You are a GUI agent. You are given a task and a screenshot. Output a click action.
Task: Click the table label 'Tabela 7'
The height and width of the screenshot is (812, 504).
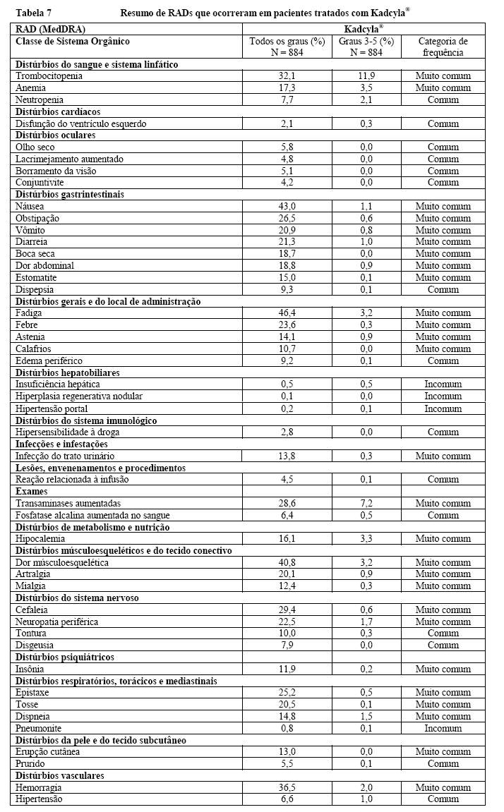click(x=32, y=13)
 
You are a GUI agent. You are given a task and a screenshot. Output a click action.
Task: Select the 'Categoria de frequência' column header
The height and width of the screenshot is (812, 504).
click(x=443, y=47)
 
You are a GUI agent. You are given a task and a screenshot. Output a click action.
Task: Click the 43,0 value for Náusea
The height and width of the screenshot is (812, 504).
click(x=287, y=207)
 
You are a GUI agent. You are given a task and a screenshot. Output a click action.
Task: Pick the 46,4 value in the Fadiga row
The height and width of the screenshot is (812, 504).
click(x=287, y=313)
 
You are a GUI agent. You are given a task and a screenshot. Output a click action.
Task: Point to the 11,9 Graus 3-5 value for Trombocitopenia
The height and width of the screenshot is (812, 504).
click(x=366, y=76)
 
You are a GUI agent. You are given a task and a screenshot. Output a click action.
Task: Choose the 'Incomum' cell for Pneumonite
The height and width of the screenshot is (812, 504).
click(x=443, y=728)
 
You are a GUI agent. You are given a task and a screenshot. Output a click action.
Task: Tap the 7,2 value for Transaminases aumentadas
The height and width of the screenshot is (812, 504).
click(x=366, y=503)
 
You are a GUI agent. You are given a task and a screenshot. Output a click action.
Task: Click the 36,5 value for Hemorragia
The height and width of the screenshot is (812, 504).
click(x=287, y=787)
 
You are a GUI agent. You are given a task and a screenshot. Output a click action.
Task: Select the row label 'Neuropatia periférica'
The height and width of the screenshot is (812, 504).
click(x=56, y=622)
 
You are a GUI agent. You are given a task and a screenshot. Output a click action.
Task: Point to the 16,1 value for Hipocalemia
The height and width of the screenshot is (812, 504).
click(x=287, y=539)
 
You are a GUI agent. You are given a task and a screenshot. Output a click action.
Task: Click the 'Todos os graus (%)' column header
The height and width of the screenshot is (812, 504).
click(x=287, y=42)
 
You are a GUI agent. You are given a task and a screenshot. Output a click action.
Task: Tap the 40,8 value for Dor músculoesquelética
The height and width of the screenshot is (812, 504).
click(x=287, y=562)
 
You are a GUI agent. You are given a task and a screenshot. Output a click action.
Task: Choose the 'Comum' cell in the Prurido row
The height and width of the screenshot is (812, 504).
click(x=443, y=763)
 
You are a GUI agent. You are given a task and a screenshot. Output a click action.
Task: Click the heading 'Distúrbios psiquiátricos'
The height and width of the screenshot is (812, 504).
click(x=64, y=657)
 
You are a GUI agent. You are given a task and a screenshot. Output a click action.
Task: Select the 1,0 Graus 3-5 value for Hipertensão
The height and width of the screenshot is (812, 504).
click(x=366, y=799)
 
